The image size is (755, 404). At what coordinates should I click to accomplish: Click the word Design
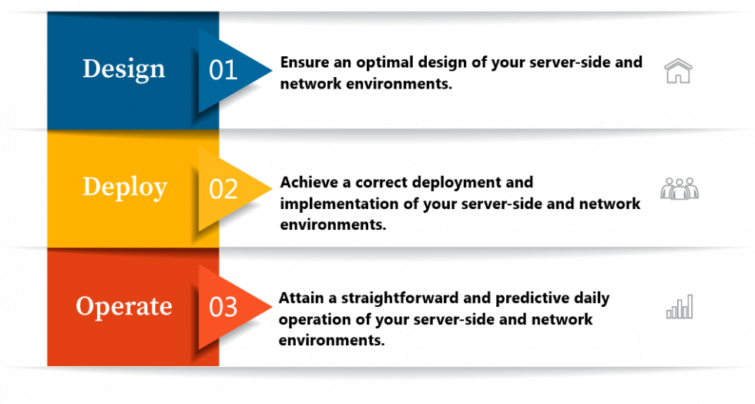[123, 69]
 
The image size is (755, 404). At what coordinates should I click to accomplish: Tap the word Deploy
[124, 187]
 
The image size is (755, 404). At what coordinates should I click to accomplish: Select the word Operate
[123, 306]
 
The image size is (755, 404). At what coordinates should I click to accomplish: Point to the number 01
[223, 70]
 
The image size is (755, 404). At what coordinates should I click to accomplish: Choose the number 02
[223, 189]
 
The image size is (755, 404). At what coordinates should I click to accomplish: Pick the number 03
[223, 307]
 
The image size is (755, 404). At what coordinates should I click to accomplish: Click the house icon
[678, 71]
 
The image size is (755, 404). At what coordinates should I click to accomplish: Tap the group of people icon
[679, 188]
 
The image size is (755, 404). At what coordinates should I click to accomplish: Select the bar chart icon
[679, 307]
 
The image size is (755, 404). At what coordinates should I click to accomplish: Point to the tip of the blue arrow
[271, 70]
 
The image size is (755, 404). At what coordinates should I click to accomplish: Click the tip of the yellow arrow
[271, 188]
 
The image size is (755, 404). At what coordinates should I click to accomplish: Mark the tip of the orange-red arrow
[271, 306]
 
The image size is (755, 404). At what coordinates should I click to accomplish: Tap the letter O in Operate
[84, 305]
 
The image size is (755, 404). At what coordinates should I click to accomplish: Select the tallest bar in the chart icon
[690, 306]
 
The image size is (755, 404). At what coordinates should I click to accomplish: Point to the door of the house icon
[678, 76]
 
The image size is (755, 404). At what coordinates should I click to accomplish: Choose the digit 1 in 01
[231, 70]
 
